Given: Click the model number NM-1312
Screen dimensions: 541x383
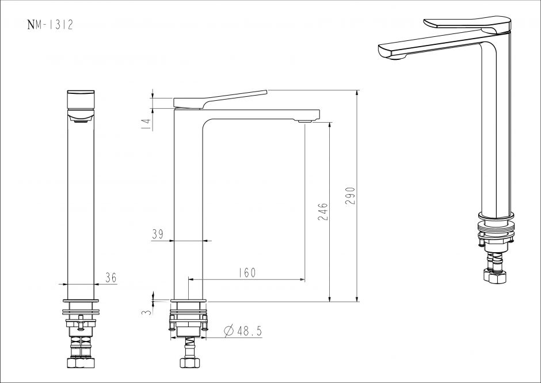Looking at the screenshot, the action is click(51, 25).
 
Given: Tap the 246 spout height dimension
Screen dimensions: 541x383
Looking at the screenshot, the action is click(323, 212).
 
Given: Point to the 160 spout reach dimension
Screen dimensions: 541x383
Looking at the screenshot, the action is click(247, 272).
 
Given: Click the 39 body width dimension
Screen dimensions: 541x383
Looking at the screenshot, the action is click(158, 234).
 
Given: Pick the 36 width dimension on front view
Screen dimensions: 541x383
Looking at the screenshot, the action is click(111, 278).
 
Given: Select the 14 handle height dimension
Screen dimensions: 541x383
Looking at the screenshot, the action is click(147, 124).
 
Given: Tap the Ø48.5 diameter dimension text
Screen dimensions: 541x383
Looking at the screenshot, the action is click(243, 331).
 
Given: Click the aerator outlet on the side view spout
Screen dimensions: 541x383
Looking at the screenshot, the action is click(304, 121).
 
